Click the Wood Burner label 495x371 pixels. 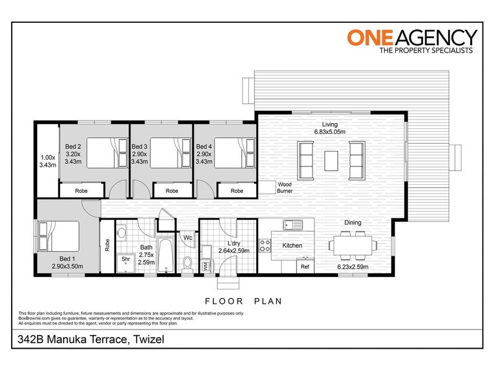[x=285, y=188]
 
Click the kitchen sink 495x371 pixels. [x=290, y=225]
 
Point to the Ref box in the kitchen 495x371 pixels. [x=304, y=267]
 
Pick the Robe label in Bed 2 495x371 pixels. [x=82, y=191]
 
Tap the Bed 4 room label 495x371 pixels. [x=203, y=147]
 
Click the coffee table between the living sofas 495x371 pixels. [x=331, y=160]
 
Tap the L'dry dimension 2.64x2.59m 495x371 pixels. [x=233, y=251]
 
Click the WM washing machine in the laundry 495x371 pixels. [x=205, y=267]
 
